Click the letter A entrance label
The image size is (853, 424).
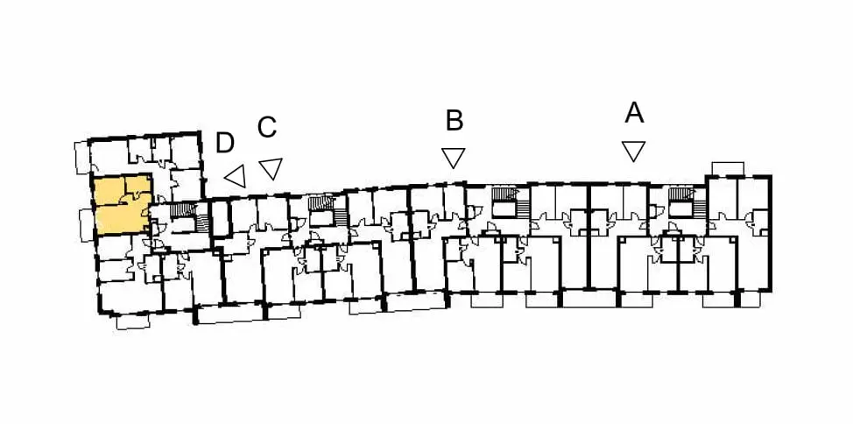click(x=634, y=113)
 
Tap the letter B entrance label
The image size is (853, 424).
click(x=455, y=121)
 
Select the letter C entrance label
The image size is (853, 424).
click(x=267, y=127)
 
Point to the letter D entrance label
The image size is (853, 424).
click(x=225, y=143)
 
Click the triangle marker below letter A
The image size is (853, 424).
click(x=634, y=151)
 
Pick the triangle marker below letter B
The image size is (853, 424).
click(x=453, y=158)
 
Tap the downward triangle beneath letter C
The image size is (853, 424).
click(x=271, y=167)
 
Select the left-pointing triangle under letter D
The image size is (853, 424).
click(x=236, y=176)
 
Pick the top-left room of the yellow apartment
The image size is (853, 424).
click(x=110, y=190)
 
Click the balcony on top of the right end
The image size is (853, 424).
click(x=728, y=168)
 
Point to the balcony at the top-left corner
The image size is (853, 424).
click(x=82, y=158)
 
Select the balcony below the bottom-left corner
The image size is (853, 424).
click(x=132, y=322)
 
